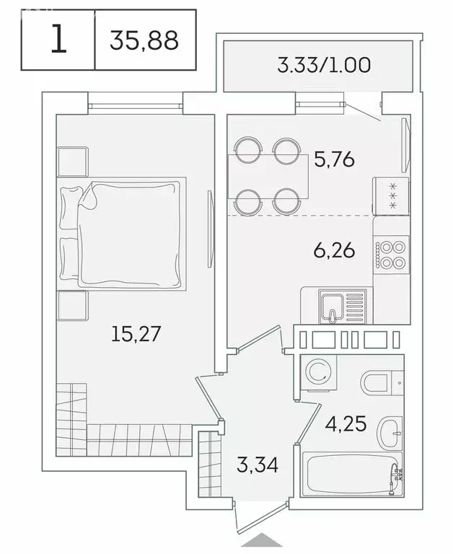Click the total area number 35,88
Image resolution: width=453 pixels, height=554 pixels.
[144, 40]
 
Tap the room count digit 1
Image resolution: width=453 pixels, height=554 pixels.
[58, 40]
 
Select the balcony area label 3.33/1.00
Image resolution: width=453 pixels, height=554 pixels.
[324, 66]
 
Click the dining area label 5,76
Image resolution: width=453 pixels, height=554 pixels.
[334, 159]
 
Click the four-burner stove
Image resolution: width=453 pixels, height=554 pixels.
[390, 255]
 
